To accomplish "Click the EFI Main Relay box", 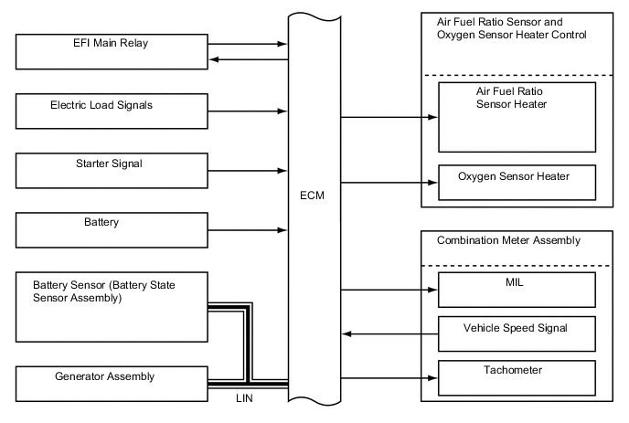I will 111,51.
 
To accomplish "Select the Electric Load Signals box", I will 111,111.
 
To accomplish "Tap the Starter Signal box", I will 111,170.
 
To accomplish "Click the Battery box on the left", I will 111,229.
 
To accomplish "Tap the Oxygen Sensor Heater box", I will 517,181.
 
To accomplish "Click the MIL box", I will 517,289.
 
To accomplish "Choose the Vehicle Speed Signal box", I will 517,333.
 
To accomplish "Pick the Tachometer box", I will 517,375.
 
